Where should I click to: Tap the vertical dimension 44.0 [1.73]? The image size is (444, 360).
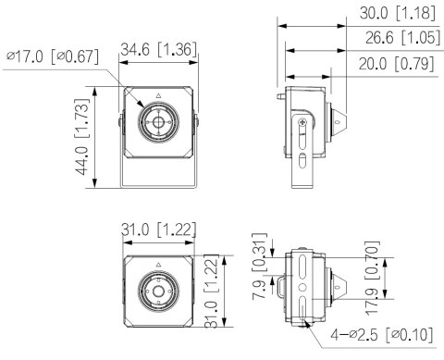pyautogui.click(x=82, y=136)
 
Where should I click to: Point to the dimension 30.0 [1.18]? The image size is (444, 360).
pyautogui.click(x=393, y=14)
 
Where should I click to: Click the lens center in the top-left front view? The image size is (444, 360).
pyautogui.click(x=156, y=122)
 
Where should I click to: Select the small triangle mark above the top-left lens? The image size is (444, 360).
pyautogui.click(x=157, y=95)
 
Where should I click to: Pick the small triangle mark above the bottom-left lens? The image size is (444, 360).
pyautogui.click(x=157, y=265)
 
